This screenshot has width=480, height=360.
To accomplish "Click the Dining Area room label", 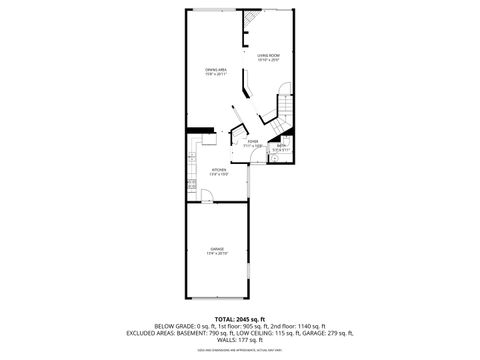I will tap(216, 68).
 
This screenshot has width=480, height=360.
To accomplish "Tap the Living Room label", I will tap(268, 55).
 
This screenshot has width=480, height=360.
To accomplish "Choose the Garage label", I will tap(216, 248).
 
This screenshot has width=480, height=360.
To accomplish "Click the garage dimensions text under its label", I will tap(216, 253).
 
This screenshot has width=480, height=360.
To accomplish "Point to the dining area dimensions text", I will tap(216, 73).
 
